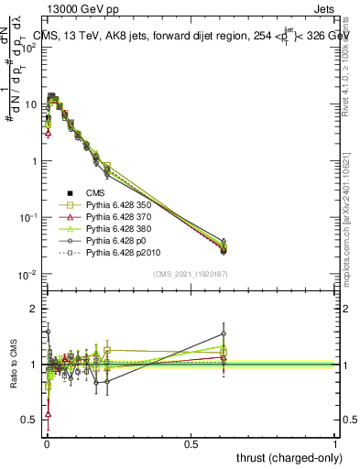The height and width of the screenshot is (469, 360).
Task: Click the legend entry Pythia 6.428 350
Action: [118, 203]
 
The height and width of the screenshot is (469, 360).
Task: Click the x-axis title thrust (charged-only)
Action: [286, 456]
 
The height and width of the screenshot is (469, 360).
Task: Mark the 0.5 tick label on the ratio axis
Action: [29, 420]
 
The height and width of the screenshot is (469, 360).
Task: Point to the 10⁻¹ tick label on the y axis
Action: [27, 218]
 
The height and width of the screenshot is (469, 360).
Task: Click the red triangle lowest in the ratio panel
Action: [48, 414]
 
